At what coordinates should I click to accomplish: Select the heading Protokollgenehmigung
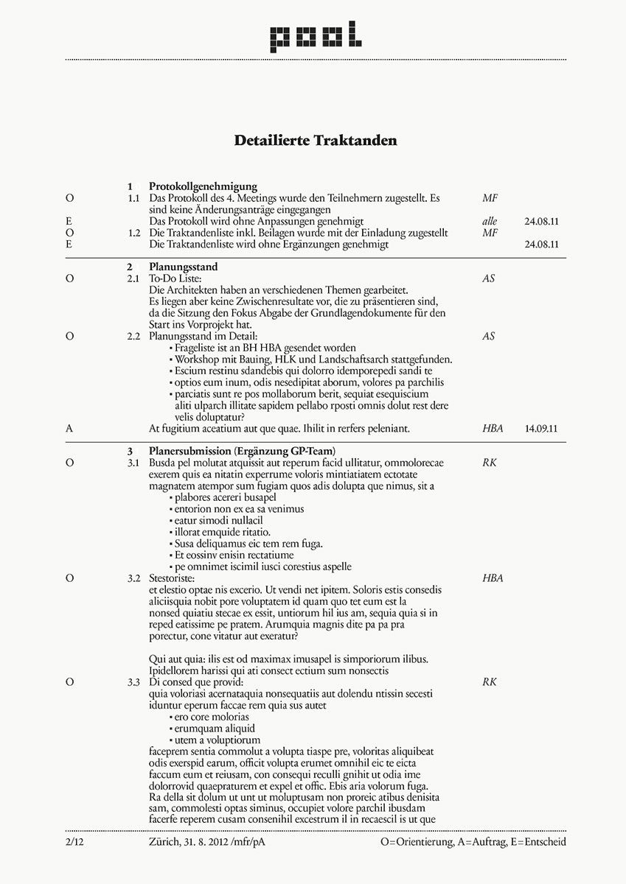click(203, 186)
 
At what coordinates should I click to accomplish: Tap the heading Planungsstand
click(184, 267)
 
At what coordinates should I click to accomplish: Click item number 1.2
click(133, 233)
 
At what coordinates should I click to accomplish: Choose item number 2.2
click(133, 336)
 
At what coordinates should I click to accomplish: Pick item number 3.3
click(133, 682)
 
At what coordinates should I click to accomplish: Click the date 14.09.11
click(540, 428)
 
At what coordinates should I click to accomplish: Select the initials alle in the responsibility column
click(490, 221)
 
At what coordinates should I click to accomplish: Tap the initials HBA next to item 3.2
click(493, 578)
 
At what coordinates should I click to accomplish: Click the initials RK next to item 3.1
click(490, 463)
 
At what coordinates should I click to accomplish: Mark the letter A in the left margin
click(69, 428)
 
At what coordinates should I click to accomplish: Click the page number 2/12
click(74, 841)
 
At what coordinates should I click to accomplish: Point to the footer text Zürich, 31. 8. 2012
click(188, 841)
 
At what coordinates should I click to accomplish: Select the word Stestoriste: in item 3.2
click(171, 578)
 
